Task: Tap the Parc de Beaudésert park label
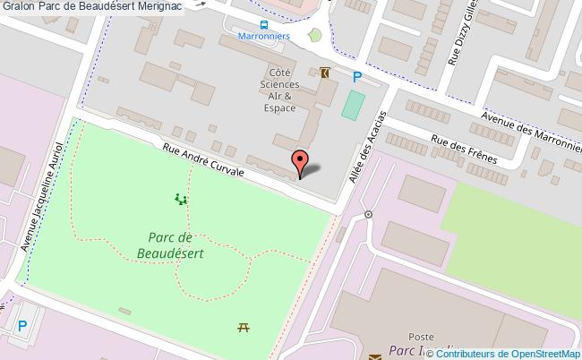coord(176,244)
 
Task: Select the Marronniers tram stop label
coord(263,39)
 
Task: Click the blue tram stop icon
coord(263,25)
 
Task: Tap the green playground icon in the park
coord(182,199)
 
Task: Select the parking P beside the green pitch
coord(356,77)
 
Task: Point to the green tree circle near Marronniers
coord(314,36)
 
